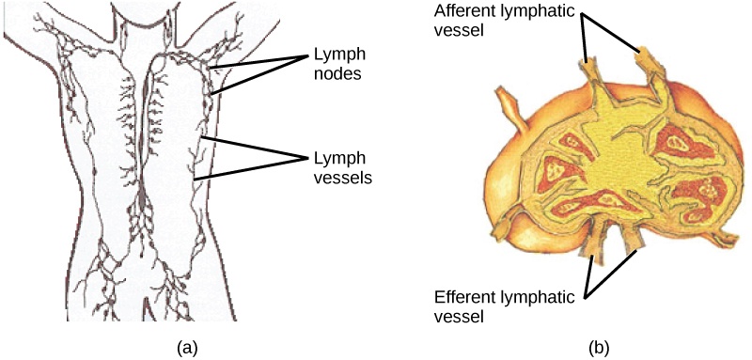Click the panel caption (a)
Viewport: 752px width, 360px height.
188,348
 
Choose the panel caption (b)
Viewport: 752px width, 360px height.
600,348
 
